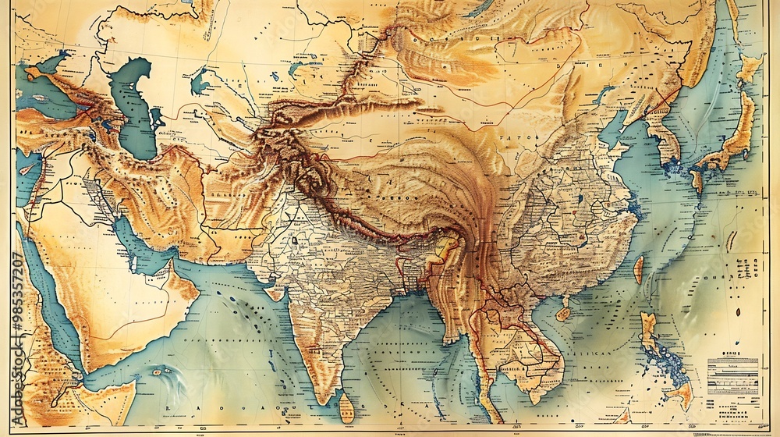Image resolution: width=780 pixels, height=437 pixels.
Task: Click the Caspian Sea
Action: (134, 109)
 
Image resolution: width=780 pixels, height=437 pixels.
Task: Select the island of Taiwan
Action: (638, 269)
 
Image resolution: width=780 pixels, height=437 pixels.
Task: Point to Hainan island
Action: (564, 312)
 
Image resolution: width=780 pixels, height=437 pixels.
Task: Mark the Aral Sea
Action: (200, 80)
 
